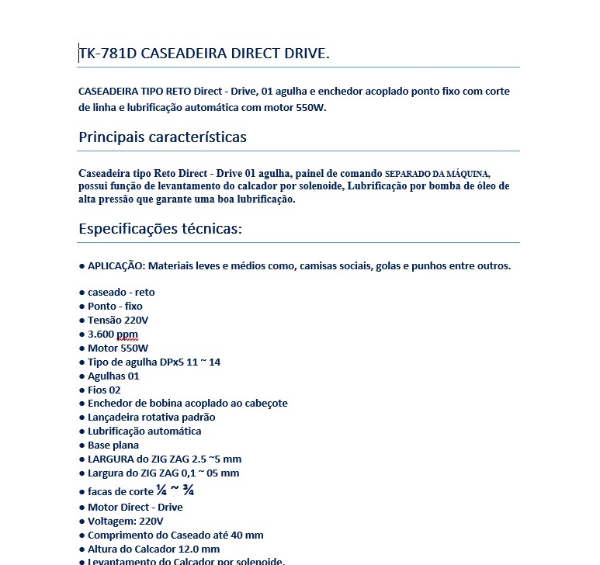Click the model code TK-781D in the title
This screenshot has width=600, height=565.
pos(105,54)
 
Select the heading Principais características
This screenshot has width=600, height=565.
pos(162,137)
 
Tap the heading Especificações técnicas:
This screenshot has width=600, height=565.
pos(161,230)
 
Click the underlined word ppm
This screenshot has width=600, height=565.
pos(127,334)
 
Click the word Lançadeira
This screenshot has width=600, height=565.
pos(114,418)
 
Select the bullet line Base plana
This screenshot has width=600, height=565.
pos(113,445)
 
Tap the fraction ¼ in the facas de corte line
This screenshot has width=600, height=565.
pos(161,490)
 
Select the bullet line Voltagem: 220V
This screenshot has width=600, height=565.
pos(125,522)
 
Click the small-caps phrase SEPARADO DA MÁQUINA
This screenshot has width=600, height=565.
pos(438,173)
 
